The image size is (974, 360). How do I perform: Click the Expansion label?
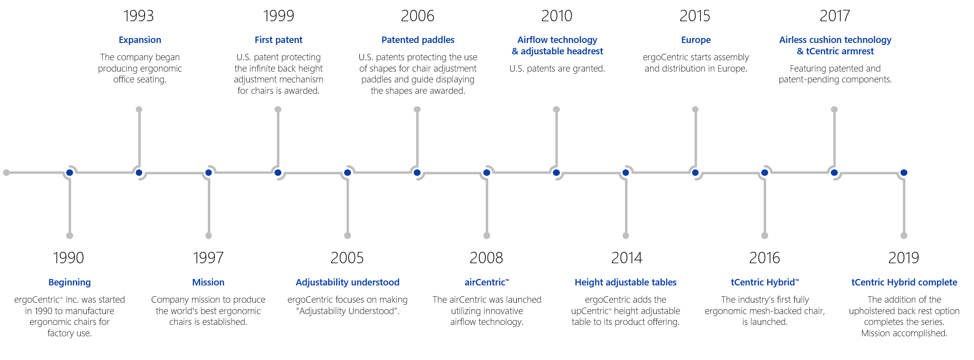[x=140, y=40]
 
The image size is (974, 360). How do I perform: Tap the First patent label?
[x=278, y=40]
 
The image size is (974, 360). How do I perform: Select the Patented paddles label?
[x=418, y=40]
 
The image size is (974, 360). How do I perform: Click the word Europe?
[x=696, y=40]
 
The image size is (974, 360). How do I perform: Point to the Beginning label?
[x=70, y=282]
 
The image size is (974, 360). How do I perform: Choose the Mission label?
[x=208, y=282]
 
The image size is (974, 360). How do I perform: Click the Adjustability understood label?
[x=348, y=282]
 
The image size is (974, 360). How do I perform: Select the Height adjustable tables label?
[x=625, y=282]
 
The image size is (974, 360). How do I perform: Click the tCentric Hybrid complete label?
[x=904, y=282]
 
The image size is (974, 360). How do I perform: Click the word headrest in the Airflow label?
[x=585, y=51]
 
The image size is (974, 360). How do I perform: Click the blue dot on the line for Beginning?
[x=70, y=172]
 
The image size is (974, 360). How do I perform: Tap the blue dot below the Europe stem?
[x=695, y=172]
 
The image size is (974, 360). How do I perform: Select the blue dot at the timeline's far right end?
[x=903, y=172]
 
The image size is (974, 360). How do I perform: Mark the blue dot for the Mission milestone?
[x=208, y=172]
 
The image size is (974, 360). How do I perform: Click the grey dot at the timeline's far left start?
[x=6, y=172]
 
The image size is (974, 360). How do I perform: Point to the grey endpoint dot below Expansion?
[x=139, y=109]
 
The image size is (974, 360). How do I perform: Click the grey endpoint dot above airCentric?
[x=487, y=236]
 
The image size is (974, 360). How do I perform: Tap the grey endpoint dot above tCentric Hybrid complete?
[x=904, y=236]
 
